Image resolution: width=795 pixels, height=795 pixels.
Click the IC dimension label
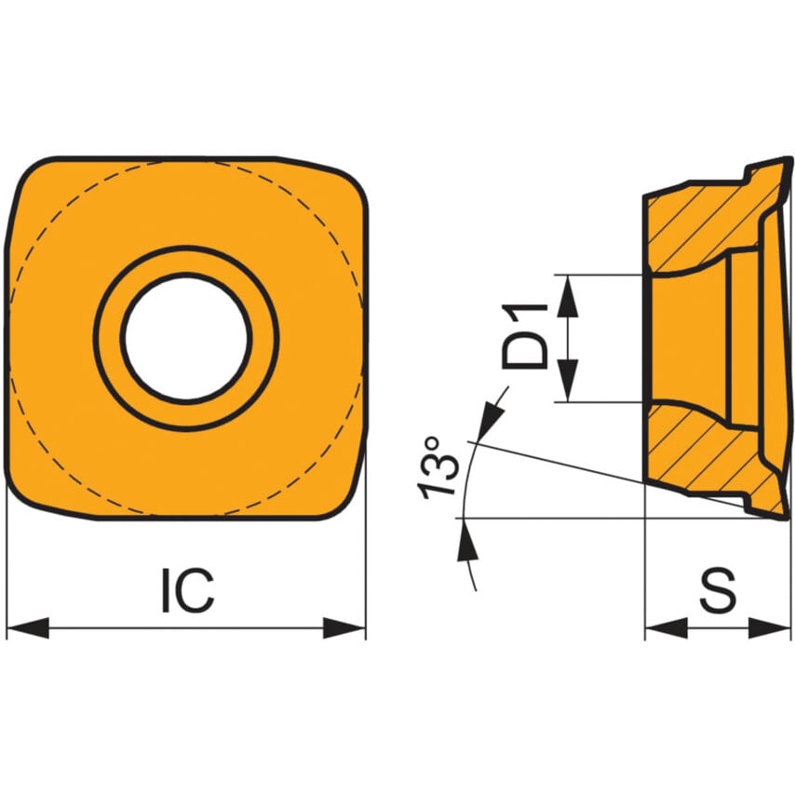click(x=187, y=590)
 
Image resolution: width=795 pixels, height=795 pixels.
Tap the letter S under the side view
click(x=718, y=590)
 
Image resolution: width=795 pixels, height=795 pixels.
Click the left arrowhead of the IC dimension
click(x=26, y=627)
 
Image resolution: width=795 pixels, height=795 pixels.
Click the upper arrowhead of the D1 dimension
click(x=568, y=290)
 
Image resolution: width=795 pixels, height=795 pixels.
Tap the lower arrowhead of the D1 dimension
click(x=568, y=387)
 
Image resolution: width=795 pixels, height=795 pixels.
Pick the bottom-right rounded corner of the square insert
click(x=344, y=498)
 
